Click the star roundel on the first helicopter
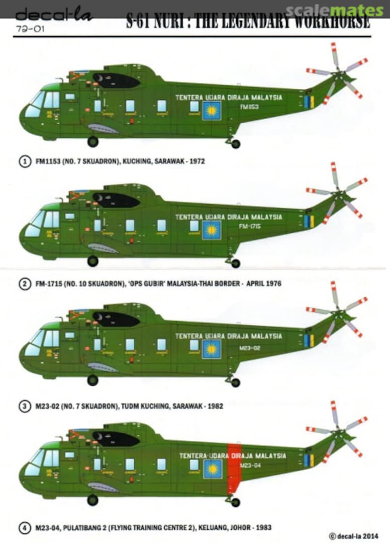212,110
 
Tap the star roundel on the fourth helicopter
212,469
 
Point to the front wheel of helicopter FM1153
93,141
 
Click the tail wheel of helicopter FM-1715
235,263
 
